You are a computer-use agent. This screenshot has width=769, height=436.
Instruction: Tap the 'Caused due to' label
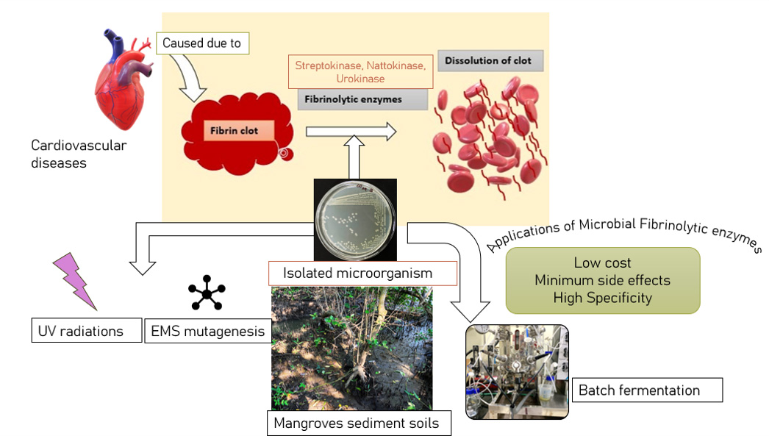(x=201, y=43)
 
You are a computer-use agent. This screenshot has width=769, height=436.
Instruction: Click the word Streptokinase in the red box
(x=326, y=65)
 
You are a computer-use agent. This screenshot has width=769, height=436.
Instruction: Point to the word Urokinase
(x=360, y=79)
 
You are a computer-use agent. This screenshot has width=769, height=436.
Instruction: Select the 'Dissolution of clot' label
(x=490, y=60)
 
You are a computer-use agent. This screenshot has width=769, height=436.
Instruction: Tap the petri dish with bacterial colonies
(x=355, y=218)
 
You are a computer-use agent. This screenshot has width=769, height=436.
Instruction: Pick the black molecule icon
(x=207, y=293)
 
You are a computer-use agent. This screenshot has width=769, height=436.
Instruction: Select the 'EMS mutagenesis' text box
(x=207, y=331)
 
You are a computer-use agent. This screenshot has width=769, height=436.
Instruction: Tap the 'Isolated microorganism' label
(x=358, y=274)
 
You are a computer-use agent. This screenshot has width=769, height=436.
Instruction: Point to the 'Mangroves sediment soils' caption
(x=357, y=424)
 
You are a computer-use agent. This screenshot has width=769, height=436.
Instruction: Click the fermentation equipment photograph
(x=517, y=371)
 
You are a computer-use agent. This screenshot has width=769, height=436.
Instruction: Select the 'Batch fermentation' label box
(x=639, y=390)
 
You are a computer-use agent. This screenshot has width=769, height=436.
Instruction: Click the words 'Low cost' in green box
(x=602, y=262)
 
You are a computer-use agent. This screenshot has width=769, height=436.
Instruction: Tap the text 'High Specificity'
(x=602, y=298)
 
